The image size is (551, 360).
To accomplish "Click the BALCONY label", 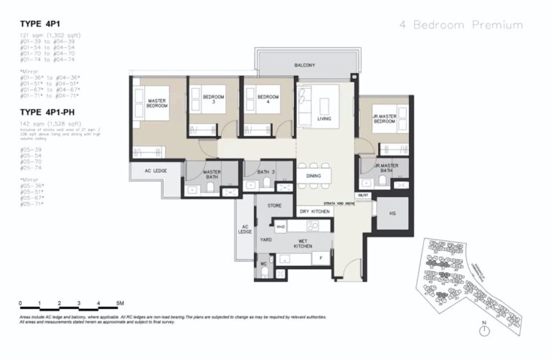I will (305, 65).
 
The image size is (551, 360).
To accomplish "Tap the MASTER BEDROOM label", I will (157, 103).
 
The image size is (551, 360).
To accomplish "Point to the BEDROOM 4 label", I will (268, 100).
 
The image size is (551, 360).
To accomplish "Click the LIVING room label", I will (324, 118).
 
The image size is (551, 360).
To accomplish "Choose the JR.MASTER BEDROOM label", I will (385, 119).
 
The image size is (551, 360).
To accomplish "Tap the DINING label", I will (314, 175).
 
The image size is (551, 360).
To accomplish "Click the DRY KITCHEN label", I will (314, 212).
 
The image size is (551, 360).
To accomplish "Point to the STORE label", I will (275, 206).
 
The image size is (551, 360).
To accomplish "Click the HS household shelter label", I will (392, 213).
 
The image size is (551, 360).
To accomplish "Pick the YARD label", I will (265, 240).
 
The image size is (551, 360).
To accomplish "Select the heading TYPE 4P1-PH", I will (49, 113).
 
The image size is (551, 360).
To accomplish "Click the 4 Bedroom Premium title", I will (461, 25).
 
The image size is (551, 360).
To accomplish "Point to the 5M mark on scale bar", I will (120, 303).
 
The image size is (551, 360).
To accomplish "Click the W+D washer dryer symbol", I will (281, 227).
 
